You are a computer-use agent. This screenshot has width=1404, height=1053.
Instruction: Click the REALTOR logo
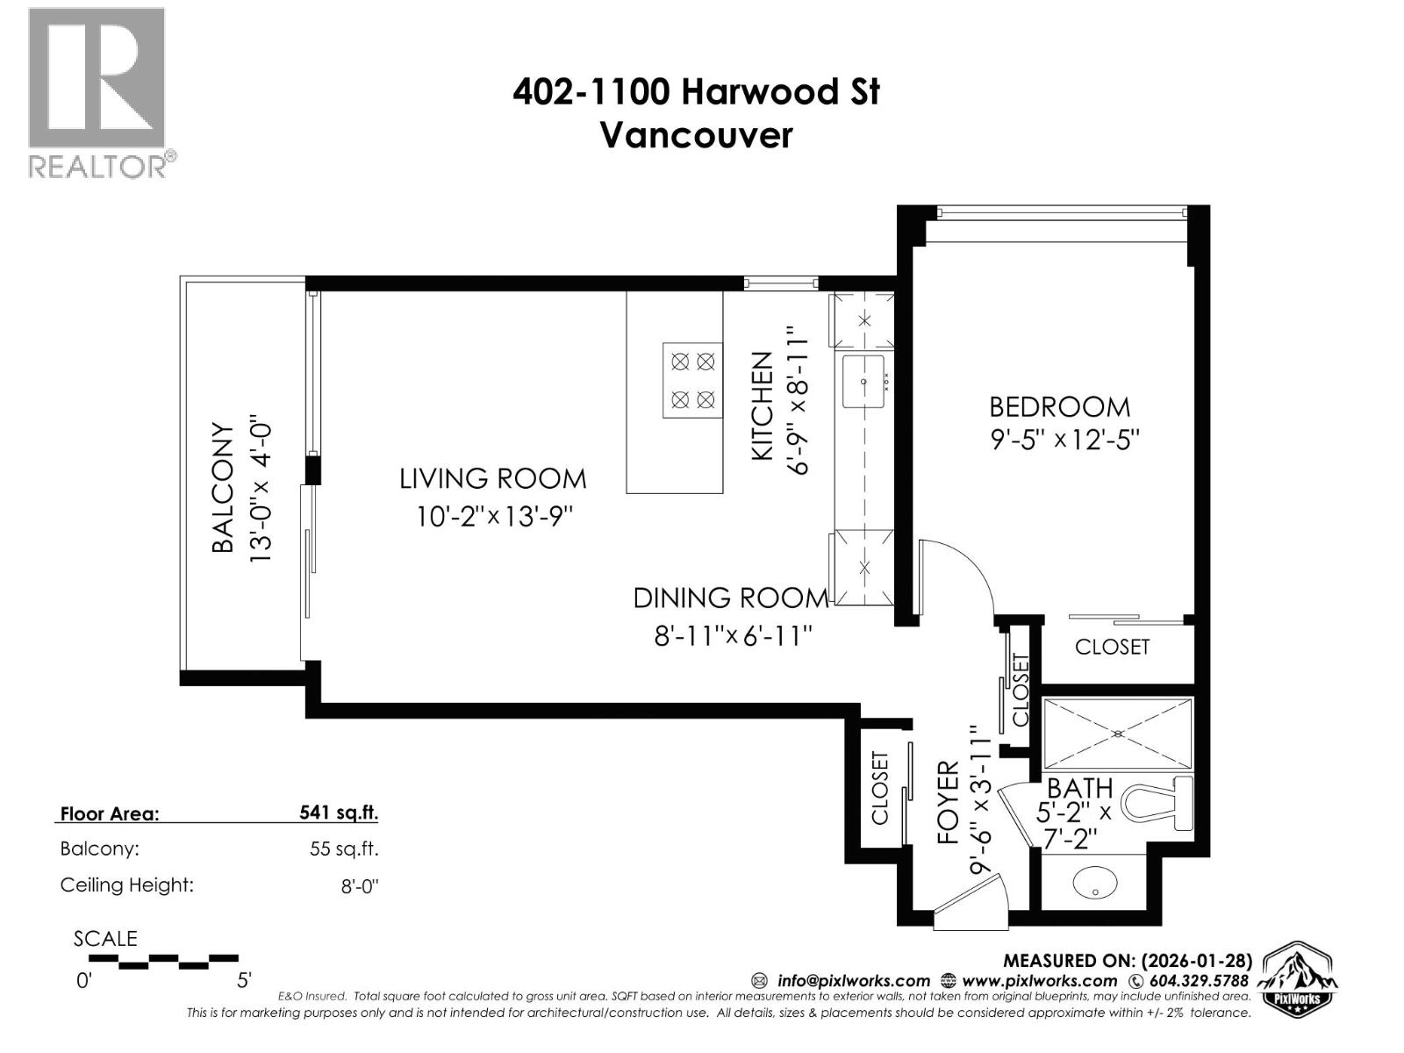coord(97,92)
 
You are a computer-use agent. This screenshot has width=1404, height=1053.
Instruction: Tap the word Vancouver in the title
coord(696,135)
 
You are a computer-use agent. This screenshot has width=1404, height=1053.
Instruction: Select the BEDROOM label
coord(1059,406)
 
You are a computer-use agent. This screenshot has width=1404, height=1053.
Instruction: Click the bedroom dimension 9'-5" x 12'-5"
coord(1064,439)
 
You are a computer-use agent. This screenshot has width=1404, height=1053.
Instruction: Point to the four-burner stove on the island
coord(692,381)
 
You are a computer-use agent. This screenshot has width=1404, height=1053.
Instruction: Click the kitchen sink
coord(863,382)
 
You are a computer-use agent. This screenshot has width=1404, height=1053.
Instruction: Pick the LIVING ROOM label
coord(492,478)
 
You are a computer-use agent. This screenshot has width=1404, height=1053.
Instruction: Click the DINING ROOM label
coord(730,598)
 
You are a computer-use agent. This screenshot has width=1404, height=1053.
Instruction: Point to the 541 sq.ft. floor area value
coord(339,813)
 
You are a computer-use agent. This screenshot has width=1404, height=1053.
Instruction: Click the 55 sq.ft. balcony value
coord(344,849)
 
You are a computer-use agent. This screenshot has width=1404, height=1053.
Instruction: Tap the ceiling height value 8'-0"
coord(359,885)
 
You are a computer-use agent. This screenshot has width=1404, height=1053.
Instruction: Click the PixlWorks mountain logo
coord(1298,978)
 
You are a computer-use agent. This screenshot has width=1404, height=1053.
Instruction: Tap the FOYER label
coord(949,803)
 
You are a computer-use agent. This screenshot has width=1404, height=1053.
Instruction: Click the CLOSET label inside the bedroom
coord(1112,647)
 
